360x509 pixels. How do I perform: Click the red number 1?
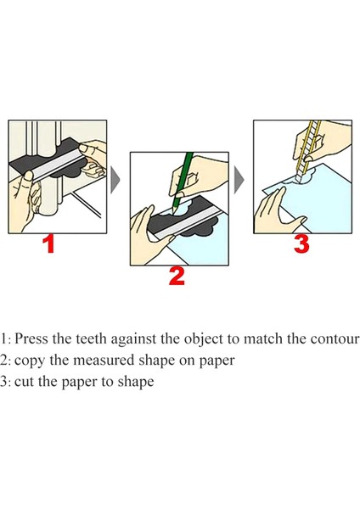[x=49, y=244]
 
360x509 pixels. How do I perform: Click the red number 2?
[x=177, y=277]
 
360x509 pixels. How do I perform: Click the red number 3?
[x=301, y=244]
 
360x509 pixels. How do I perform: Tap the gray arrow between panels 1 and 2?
[x=115, y=180]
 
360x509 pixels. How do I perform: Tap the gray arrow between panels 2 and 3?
[x=239, y=180]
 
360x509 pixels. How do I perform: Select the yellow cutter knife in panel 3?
[x=309, y=149]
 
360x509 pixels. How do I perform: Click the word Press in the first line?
[x=31, y=338]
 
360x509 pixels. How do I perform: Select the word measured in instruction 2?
[x=104, y=361]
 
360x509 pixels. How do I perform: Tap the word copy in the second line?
[x=29, y=361]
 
